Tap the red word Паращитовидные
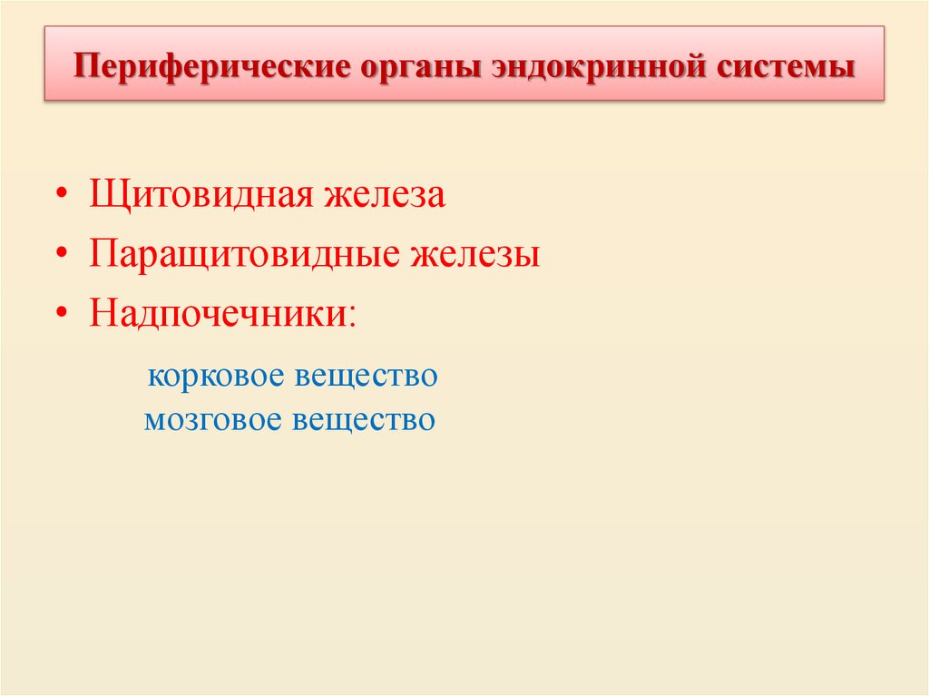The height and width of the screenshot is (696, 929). pyautogui.click(x=245, y=254)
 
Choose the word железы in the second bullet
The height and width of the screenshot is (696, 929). pyautogui.click(x=475, y=254)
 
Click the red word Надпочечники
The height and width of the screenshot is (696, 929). pyautogui.click(x=217, y=312)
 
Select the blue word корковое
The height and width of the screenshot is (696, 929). pyautogui.click(x=215, y=376)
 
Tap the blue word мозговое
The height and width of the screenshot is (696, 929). pyautogui.click(x=213, y=420)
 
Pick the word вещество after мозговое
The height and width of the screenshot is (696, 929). pyautogui.click(x=364, y=420)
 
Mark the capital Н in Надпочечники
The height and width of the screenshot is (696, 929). pyautogui.click(x=102, y=312)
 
